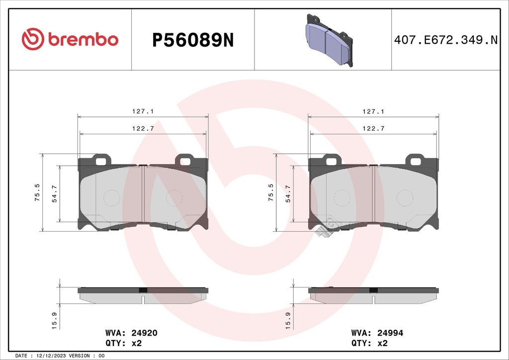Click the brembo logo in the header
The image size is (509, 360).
(70, 39)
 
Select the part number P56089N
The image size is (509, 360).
(192, 40)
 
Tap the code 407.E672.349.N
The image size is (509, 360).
(445, 40)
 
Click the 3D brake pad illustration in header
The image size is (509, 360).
(329, 39)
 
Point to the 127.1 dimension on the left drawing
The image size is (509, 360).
(143, 112)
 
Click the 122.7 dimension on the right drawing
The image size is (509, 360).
(374, 128)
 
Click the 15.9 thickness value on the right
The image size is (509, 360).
(288, 320)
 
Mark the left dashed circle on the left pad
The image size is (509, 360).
(111, 198)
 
